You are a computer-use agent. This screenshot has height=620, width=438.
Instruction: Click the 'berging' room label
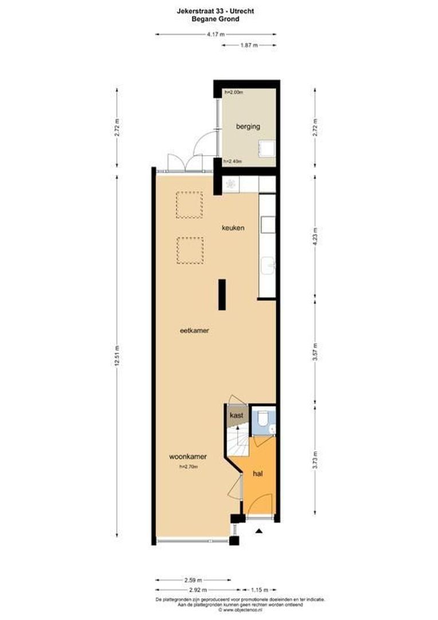[x=248, y=126]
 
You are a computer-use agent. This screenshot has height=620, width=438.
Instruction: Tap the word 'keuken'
[x=233, y=228]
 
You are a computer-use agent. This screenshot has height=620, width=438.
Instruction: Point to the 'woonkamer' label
[x=187, y=457]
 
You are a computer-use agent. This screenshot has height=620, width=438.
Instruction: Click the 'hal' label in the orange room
[x=257, y=474]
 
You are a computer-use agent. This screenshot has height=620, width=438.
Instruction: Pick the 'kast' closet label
[x=236, y=415]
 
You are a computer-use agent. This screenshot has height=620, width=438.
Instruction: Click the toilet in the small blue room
[x=262, y=418]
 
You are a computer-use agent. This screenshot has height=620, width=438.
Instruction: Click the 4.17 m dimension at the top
[x=216, y=34]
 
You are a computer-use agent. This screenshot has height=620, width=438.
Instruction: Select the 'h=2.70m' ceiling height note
[x=188, y=467]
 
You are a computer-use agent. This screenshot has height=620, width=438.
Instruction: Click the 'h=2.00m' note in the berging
[x=233, y=92]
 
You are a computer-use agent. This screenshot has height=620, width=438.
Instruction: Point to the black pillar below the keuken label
[x=221, y=294]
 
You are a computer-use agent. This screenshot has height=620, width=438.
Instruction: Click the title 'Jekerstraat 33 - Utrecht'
[x=216, y=10]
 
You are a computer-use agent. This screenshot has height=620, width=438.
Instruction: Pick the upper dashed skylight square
[x=189, y=205]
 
